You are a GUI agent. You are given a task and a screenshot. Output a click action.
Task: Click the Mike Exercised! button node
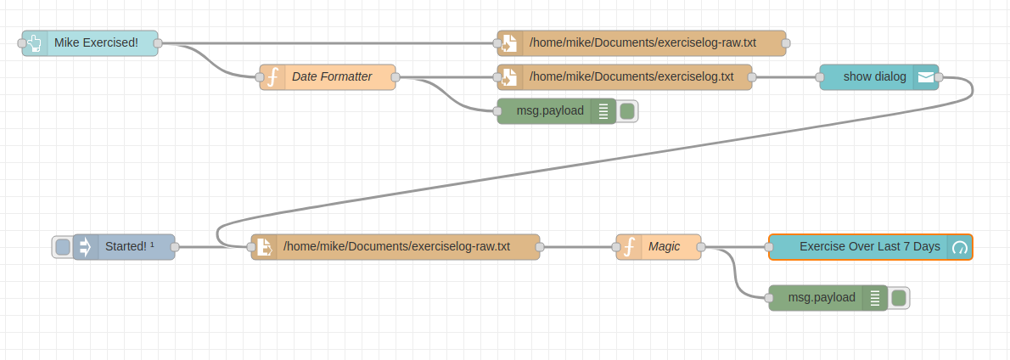96,43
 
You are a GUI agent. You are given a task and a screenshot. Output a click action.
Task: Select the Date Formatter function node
332,77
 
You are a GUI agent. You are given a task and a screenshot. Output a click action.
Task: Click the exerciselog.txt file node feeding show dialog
632,77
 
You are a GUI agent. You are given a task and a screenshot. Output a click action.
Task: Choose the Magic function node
665,247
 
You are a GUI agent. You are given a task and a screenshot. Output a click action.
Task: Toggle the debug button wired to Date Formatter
627,111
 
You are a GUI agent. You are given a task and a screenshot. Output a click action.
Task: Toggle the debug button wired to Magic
899,298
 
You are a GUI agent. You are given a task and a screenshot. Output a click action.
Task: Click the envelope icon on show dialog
926,77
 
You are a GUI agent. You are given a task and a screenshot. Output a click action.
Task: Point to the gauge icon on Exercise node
960,247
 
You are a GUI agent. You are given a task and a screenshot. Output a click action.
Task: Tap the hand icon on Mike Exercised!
35,43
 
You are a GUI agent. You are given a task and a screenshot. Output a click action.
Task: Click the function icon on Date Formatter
272,77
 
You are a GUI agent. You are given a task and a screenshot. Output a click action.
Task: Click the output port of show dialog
939,77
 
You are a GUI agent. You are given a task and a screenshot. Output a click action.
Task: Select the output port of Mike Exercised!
158,43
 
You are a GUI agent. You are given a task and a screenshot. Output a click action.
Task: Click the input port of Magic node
616,247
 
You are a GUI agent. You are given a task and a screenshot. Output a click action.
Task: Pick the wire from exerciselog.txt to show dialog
785,77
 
